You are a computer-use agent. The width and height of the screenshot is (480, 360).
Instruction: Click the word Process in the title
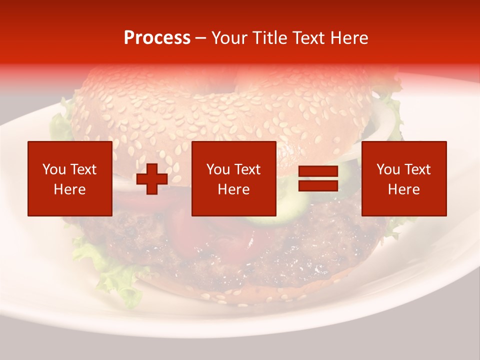pyautogui.click(x=157, y=38)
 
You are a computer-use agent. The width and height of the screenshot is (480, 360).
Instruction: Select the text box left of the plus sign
pyautogui.click(x=70, y=178)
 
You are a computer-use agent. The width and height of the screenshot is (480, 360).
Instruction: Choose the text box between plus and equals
pyautogui.click(x=233, y=178)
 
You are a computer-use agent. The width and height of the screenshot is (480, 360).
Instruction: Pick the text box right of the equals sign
pyautogui.click(x=403, y=178)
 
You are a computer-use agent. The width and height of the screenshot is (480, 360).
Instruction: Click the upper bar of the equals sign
pyautogui.click(x=318, y=172)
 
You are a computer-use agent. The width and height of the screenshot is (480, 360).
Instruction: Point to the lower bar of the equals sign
pyautogui.click(x=318, y=186)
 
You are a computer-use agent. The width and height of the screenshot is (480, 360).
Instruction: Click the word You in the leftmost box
pyautogui.click(x=54, y=169)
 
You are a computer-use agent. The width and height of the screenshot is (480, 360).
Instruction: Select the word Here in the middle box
pyautogui.click(x=233, y=189)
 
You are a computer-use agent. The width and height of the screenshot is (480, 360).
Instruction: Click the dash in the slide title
pyautogui.click(x=201, y=38)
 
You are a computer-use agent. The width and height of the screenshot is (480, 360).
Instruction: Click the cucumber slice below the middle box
pyautogui.click(x=270, y=219)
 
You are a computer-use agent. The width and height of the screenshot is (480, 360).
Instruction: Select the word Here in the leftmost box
pyautogui.click(x=70, y=189)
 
